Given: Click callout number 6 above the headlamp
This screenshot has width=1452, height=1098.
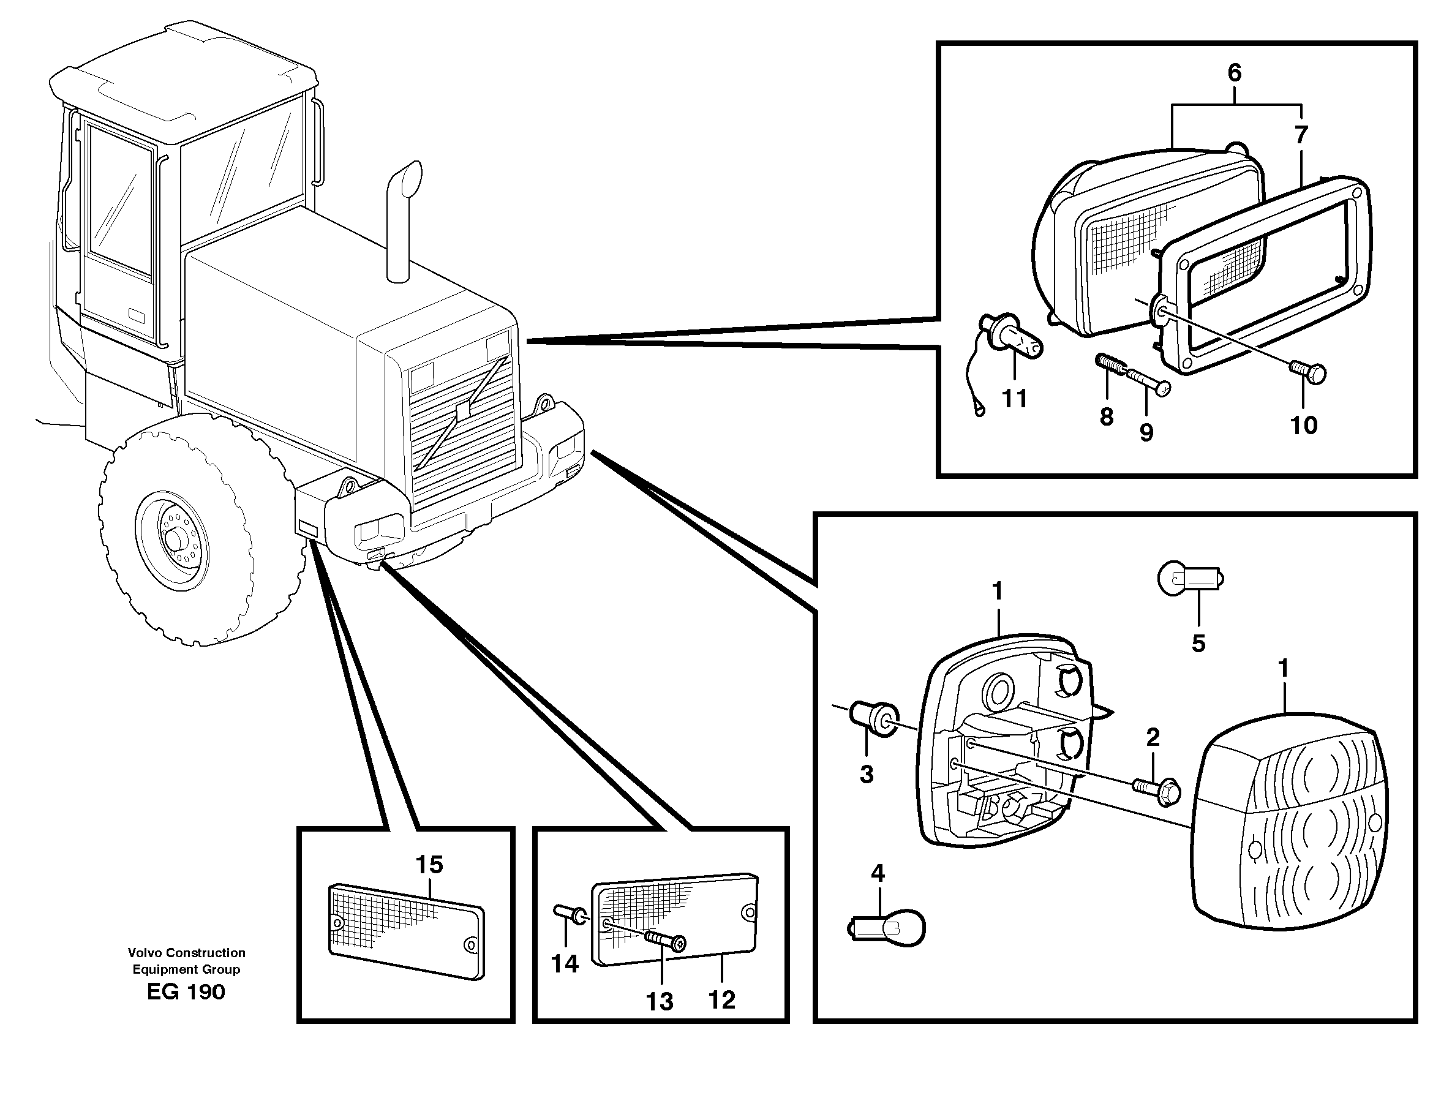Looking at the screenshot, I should click(1234, 73).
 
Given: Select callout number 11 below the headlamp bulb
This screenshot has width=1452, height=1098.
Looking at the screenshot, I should click(1014, 399).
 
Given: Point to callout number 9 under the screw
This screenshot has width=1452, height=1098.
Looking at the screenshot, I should click(1146, 432).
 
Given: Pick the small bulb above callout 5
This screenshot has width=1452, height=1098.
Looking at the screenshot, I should click(1189, 578).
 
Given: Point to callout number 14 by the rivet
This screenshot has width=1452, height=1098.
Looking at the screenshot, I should click(565, 963).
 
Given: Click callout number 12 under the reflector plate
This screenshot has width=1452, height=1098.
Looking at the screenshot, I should click(721, 999).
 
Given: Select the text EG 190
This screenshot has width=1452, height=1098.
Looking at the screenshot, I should click(186, 991).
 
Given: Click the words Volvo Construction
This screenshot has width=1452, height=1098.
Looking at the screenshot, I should click(186, 952).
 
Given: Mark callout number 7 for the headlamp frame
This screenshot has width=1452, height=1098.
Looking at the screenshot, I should click(1300, 136).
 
